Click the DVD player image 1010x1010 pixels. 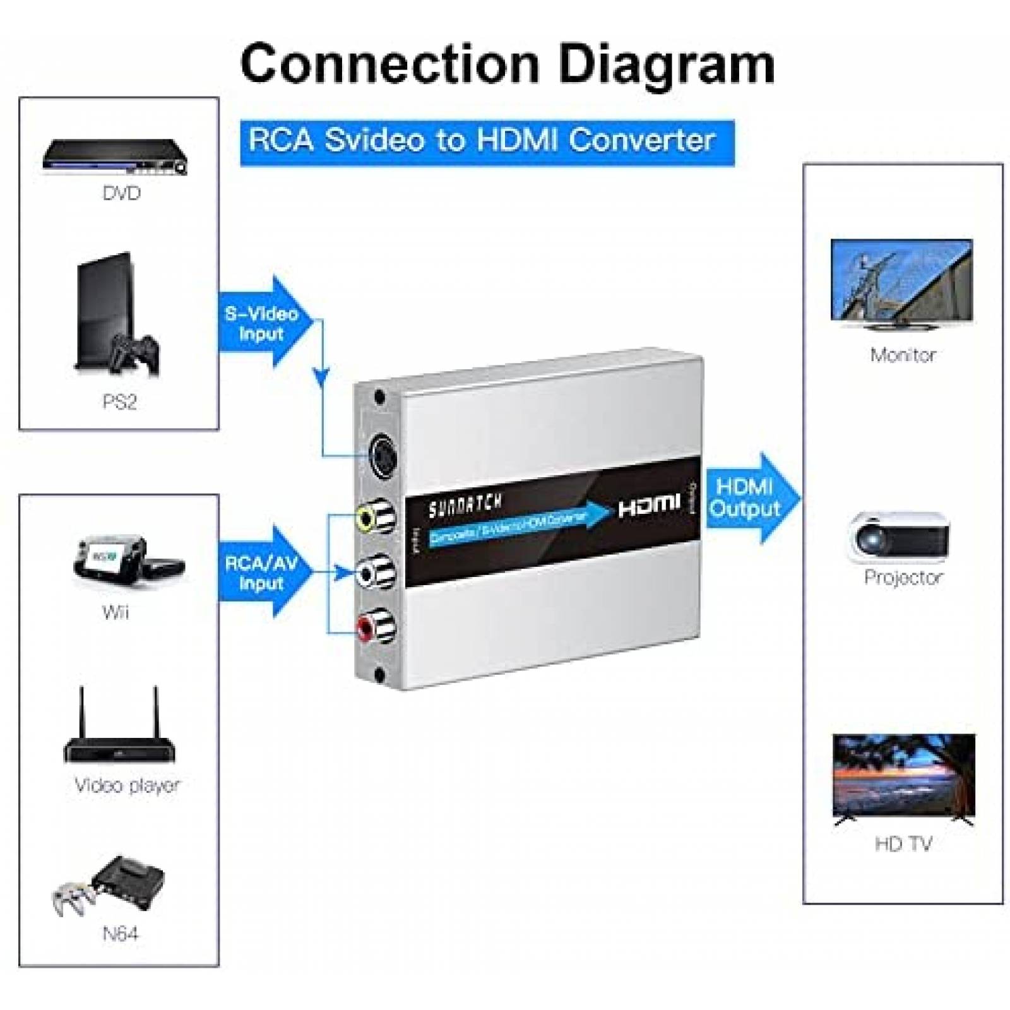116,156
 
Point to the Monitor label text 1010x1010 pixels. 903,355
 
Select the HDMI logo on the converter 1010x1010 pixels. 648,504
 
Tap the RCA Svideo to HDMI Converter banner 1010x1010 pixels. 487,141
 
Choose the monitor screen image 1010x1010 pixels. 901,282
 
